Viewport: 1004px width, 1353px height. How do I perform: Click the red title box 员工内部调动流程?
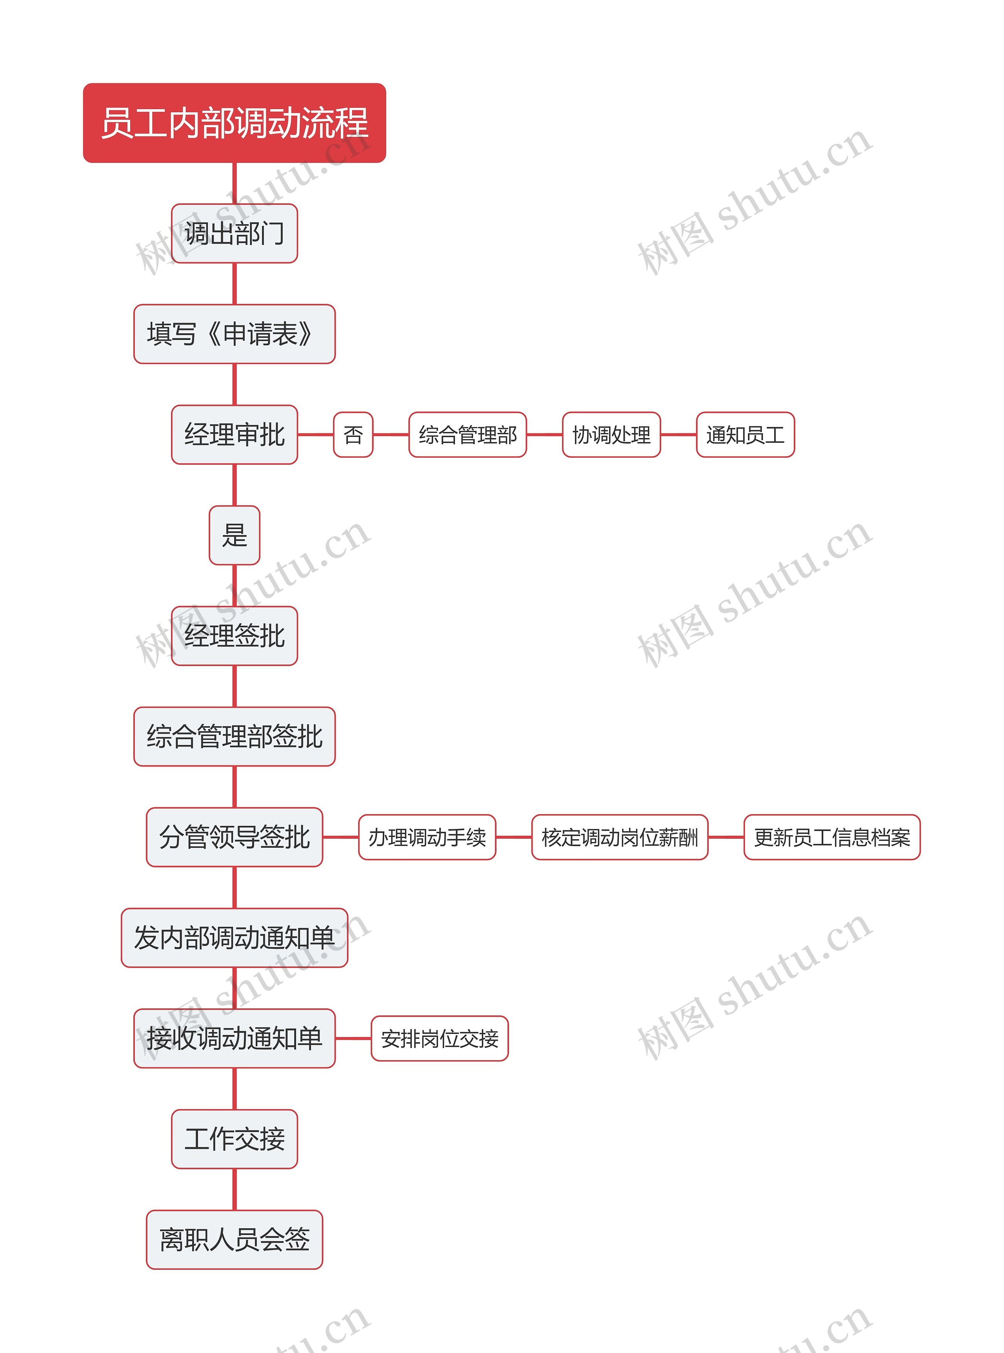pos(234,123)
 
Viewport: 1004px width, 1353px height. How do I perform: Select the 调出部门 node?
pos(234,234)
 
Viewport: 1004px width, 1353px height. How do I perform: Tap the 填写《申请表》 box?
pos(234,334)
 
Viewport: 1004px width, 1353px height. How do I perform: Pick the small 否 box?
pos(353,435)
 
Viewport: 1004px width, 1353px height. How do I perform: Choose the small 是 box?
pos(234,535)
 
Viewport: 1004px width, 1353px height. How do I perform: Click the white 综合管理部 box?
pos(467,435)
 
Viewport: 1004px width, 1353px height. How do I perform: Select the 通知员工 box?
pos(745,435)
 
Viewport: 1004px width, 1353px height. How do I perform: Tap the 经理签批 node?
pos(234,635)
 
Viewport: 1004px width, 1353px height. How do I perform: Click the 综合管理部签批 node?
pos(234,736)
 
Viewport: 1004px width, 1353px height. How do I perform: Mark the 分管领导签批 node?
pos(234,837)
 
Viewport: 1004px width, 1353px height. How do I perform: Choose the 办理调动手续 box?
pos(427,837)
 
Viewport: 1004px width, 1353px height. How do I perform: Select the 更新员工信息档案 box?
pos(831,837)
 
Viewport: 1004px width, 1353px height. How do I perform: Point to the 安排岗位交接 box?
pos(439,1039)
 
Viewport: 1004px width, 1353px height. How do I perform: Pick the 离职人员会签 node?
pos(234,1239)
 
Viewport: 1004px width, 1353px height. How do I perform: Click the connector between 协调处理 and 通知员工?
pos(678,435)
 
